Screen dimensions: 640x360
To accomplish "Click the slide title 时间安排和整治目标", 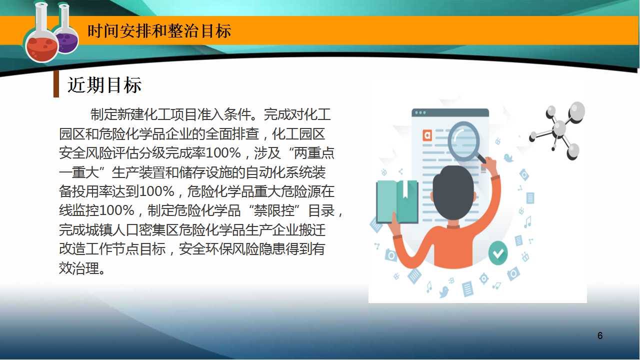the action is [159, 31].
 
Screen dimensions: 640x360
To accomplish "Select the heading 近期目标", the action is [104, 85].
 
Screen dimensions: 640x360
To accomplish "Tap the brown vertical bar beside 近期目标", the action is [56, 84].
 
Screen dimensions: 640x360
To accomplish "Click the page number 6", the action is [599, 335].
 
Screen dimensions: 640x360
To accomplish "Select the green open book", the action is [397, 201].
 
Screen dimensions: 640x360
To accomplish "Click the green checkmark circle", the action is [498, 253].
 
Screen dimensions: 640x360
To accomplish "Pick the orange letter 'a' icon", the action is [427, 135].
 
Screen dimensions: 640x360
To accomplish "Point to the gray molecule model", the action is [557, 130].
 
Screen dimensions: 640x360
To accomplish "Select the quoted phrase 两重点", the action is [314, 153].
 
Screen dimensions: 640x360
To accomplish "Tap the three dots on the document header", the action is [420, 112].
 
